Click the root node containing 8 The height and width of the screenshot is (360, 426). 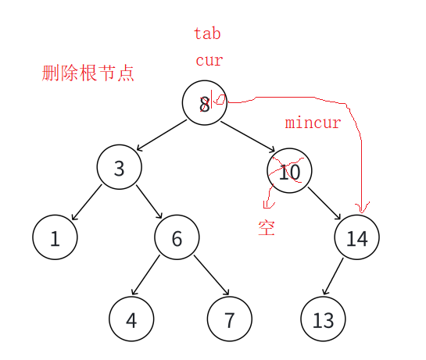204,102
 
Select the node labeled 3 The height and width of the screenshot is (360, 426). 120,167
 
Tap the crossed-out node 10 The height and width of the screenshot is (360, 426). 289,170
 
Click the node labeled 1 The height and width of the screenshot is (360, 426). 55,237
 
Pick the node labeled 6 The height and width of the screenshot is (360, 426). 177,237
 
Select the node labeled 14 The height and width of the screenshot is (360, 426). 357,237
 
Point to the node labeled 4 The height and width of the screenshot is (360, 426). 131,319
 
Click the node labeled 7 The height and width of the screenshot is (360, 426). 230,319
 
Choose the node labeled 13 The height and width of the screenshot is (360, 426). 323,319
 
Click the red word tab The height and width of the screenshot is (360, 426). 207,34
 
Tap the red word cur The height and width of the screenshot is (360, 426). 209,60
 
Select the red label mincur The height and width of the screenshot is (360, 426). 313,123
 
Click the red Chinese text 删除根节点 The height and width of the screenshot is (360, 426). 88,73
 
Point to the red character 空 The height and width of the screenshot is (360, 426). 267,228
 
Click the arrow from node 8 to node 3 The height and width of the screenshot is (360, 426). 162,135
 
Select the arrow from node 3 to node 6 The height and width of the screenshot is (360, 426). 149,201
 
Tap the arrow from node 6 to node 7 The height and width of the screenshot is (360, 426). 212,275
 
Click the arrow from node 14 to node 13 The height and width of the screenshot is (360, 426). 333,276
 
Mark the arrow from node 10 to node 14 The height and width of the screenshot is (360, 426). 324,203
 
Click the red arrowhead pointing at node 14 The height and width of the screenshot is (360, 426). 362,208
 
